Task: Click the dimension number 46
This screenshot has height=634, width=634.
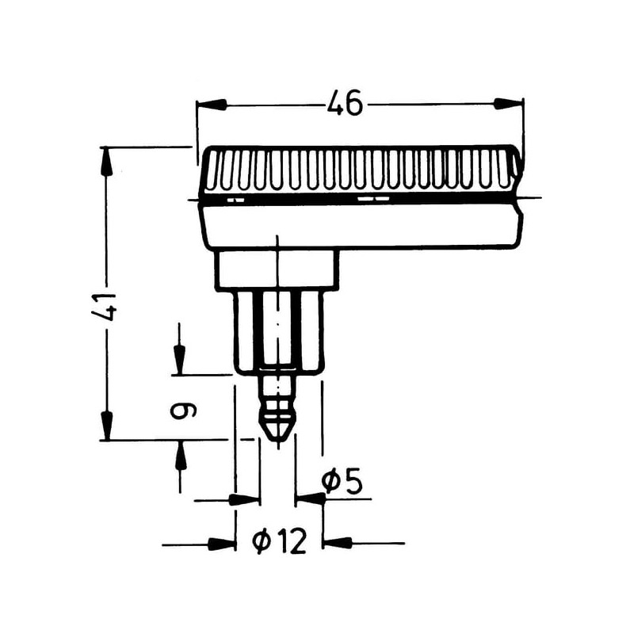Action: click(345, 103)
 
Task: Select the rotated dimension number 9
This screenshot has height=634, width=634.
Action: click(183, 411)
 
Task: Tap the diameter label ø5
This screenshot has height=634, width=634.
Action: click(342, 481)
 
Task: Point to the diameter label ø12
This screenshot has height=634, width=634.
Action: click(279, 542)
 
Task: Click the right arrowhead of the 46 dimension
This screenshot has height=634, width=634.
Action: click(509, 104)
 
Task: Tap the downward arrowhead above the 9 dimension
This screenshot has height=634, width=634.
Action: click(179, 360)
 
